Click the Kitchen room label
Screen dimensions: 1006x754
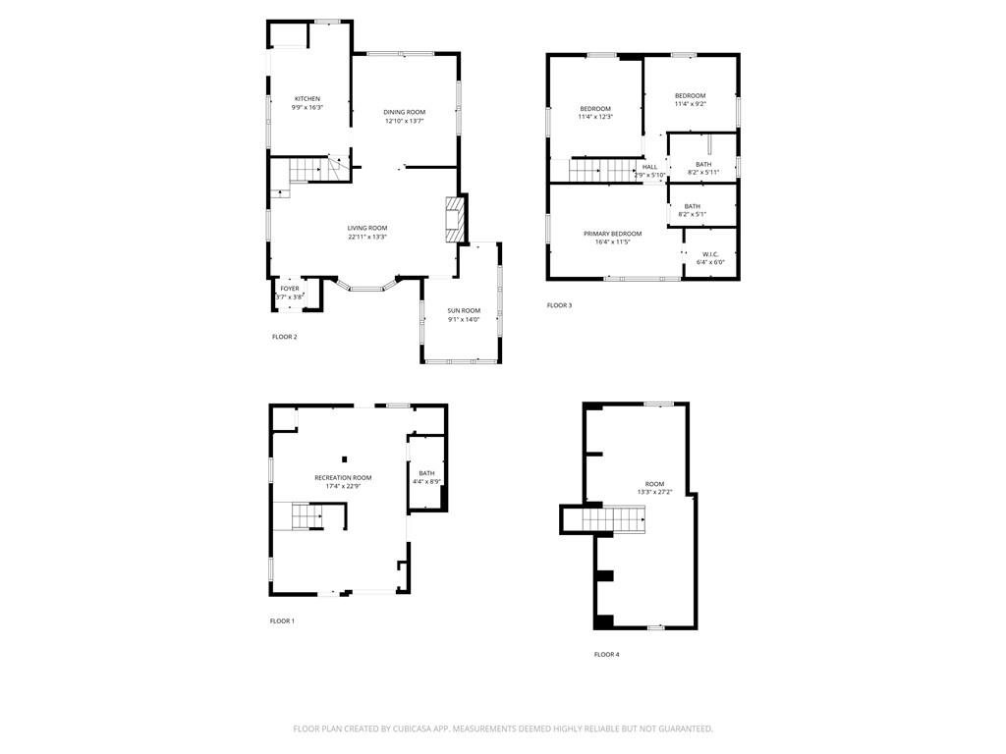tap(307, 99)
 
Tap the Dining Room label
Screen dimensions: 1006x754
tap(404, 112)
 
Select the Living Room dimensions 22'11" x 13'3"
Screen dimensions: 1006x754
tap(367, 237)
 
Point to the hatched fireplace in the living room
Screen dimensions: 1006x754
tap(455, 219)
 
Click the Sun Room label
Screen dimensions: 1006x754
tap(464, 311)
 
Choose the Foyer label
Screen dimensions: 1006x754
tap(290, 289)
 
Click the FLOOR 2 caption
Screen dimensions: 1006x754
tap(284, 337)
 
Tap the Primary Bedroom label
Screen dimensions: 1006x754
tap(613, 234)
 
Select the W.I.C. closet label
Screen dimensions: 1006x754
tap(710, 254)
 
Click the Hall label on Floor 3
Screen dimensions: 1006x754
tap(650, 167)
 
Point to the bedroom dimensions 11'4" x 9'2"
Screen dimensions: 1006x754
tap(691, 104)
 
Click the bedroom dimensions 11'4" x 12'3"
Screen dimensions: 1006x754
tap(595, 117)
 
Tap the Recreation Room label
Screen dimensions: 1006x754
tap(343, 478)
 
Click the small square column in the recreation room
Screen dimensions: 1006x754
tap(345, 459)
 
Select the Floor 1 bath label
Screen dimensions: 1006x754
tap(426, 473)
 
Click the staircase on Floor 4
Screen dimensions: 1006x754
tap(613, 518)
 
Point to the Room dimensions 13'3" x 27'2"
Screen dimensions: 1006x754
tap(655, 493)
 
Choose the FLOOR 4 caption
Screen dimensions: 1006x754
tap(607, 655)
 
